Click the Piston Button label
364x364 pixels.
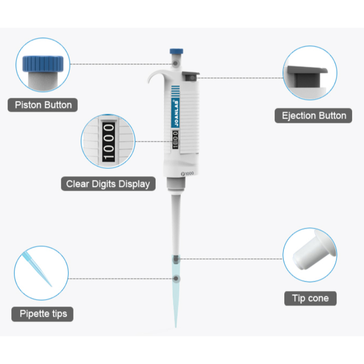click(x=43, y=105)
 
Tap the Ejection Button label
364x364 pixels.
click(x=313, y=116)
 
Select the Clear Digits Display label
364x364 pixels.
click(x=108, y=184)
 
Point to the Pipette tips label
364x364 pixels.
click(x=43, y=314)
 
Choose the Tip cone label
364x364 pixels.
click(x=310, y=299)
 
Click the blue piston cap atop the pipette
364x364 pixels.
click(x=176, y=51)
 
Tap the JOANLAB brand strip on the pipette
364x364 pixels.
click(x=176, y=113)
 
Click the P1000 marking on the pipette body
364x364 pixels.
click(x=187, y=173)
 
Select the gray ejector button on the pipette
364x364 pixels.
click(x=191, y=76)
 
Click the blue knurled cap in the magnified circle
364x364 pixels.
click(x=43, y=64)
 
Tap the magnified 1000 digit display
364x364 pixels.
click(x=108, y=141)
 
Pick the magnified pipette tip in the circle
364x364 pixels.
click(x=37, y=269)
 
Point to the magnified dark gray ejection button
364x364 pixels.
click(x=307, y=75)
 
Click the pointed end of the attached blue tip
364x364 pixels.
click(x=176, y=327)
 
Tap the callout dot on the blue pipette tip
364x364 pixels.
click(x=176, y=279)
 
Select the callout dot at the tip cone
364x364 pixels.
click(x=176, y=259)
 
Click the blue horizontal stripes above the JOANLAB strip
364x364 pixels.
click(x=176, y=91)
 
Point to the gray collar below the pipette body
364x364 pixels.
click(x=176, y=183)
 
